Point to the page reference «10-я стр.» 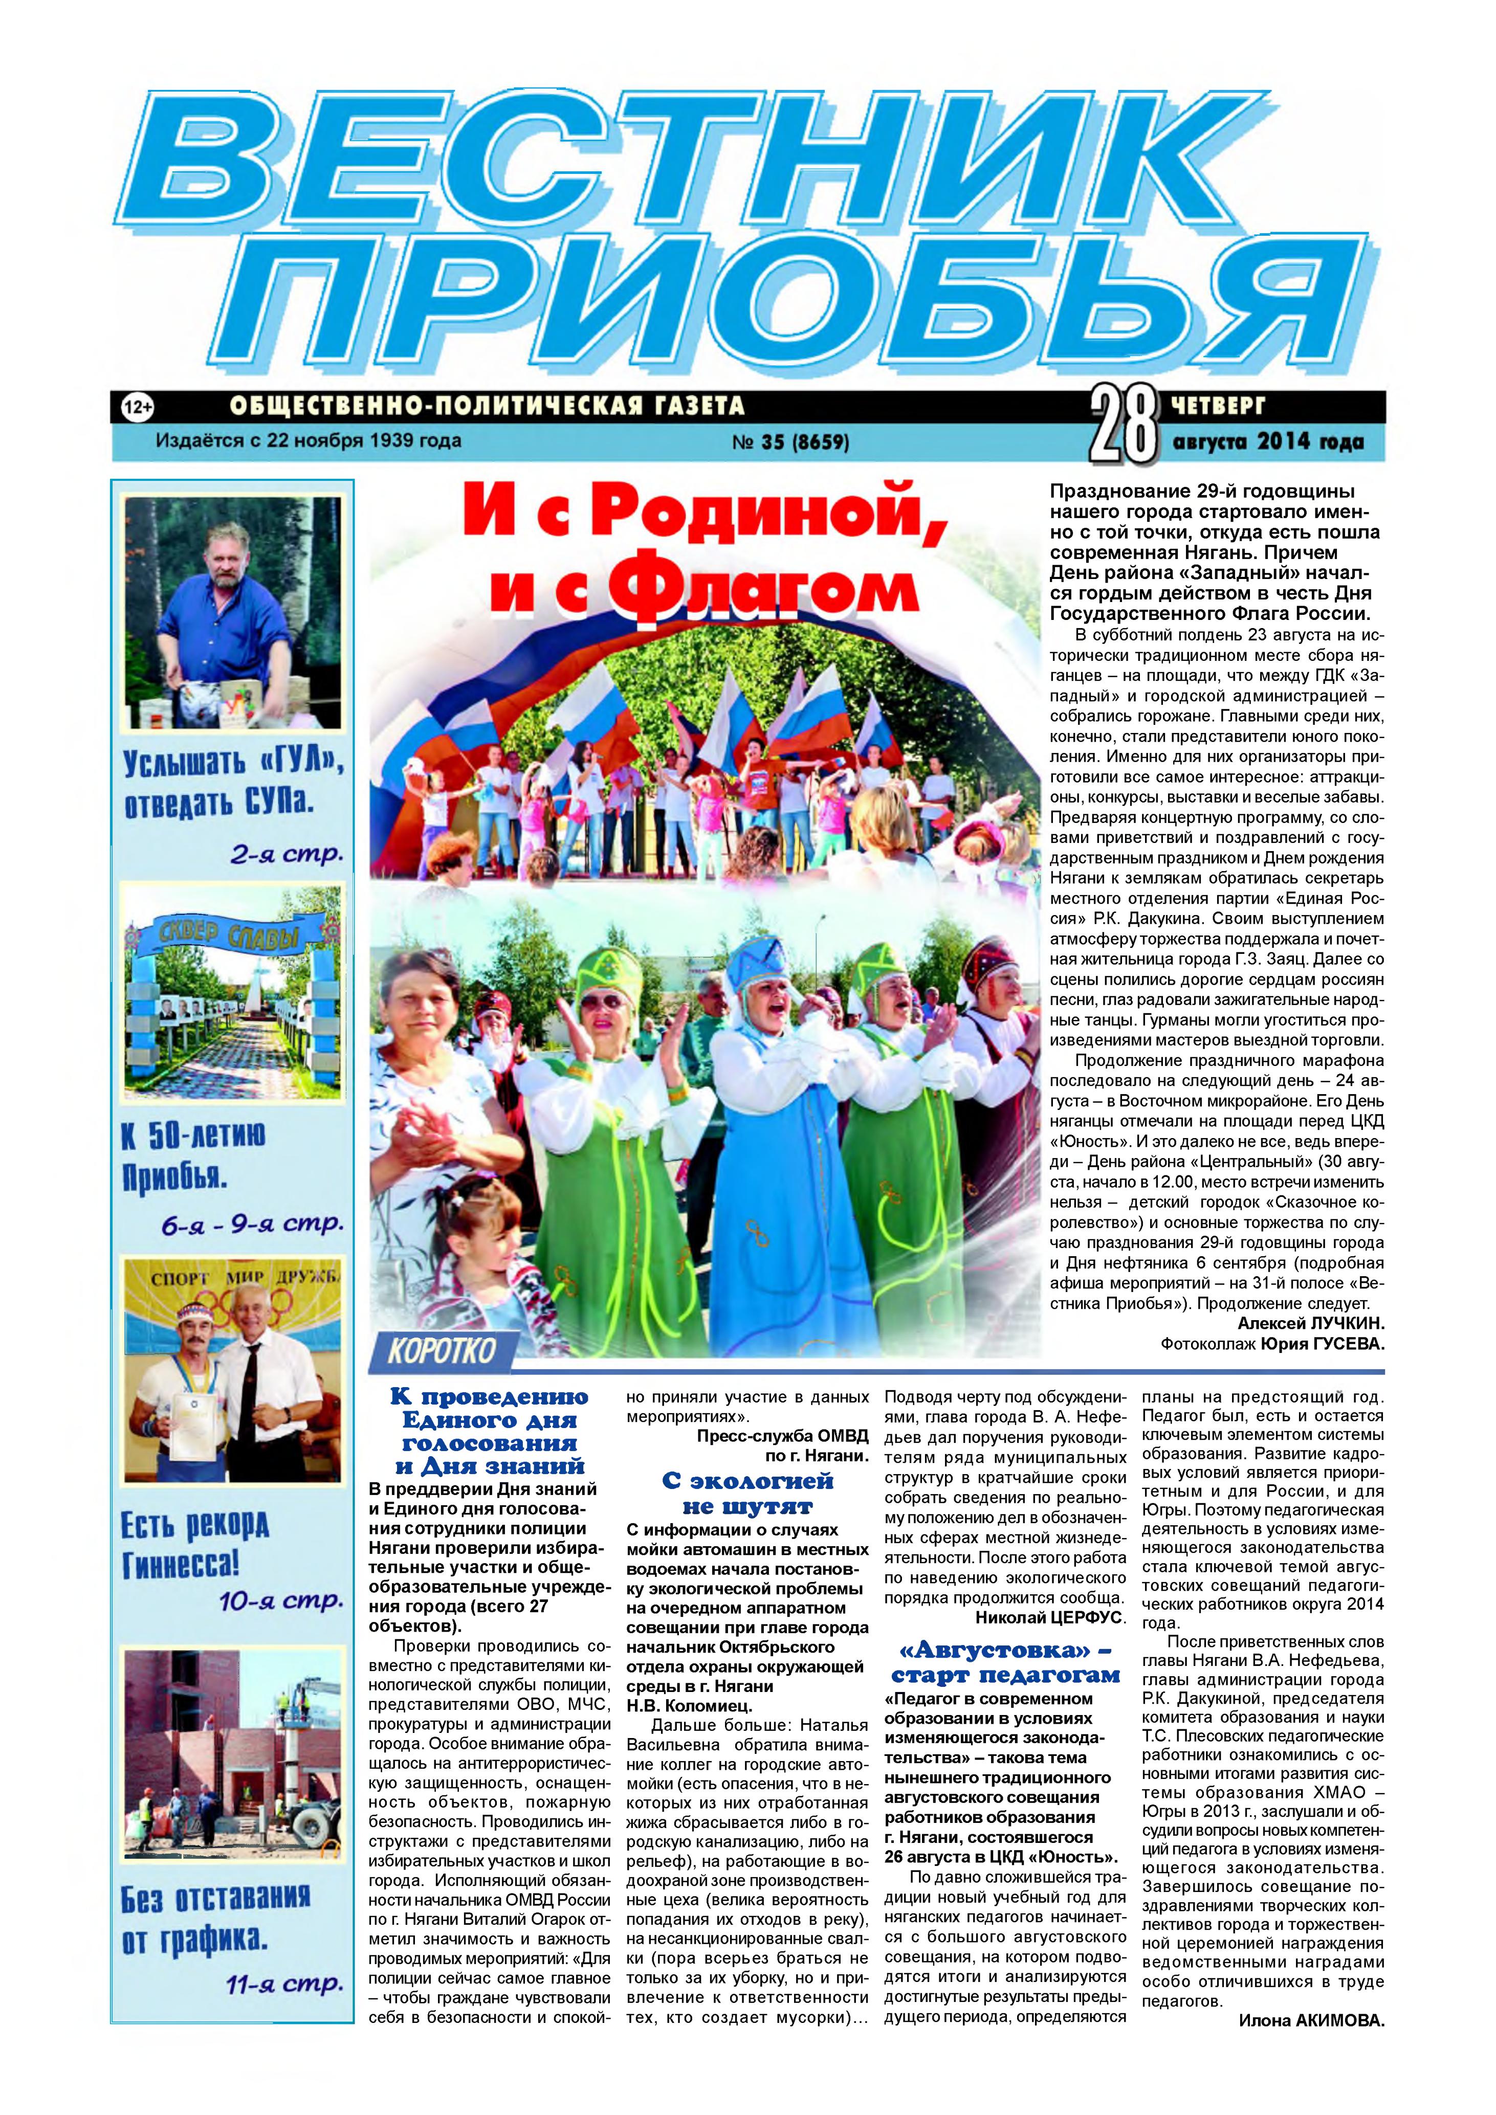click(x=281, y=1601)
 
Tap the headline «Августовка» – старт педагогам click(x=1005, y=1664)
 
